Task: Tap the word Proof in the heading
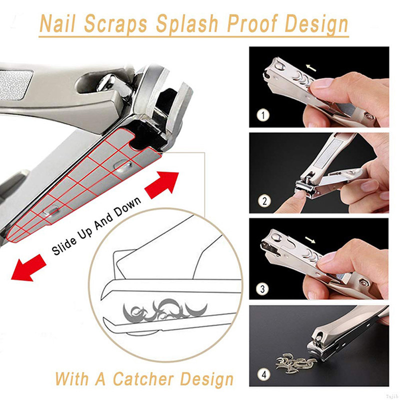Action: pyautogui.click(x=252, y=24)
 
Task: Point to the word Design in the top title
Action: pyautogui.click(x=316, y=24)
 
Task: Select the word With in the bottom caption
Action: pyautogui.click(x=72, y=378)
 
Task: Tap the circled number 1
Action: pyautogui.click(x=263, y=115)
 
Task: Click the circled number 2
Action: pyautogui.click(x=264, y=201)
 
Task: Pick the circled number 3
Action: pyautogui.click(x=262, y=289)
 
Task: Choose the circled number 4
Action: pyautogui.click(x=264, y=374)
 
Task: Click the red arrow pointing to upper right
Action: pyautogui.click(x=162, y=184)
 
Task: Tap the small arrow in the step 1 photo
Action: pyautogui.click(x=311, y=68)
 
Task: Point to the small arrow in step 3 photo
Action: pyautogui.click(x=310, y=240)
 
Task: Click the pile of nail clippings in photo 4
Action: pyautogui.click(x=296, y=361)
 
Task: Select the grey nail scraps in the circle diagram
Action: pyautogui.click(x=165, y=310)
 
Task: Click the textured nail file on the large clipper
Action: pyautogui.click(x=15, y=84)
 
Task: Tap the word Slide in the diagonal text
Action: pyautogui.click(x=64, y=245)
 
